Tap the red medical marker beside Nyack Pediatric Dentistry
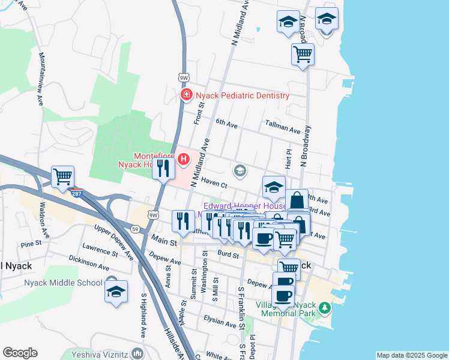coord(186,95)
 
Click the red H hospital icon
coord(184,160)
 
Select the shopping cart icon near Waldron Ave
coord(62,176)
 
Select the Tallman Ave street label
coord(283,127)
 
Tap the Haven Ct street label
coord(214,182)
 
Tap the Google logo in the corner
coord(20,353)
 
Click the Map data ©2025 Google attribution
coord(412,355)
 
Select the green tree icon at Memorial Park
coord(325,308)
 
